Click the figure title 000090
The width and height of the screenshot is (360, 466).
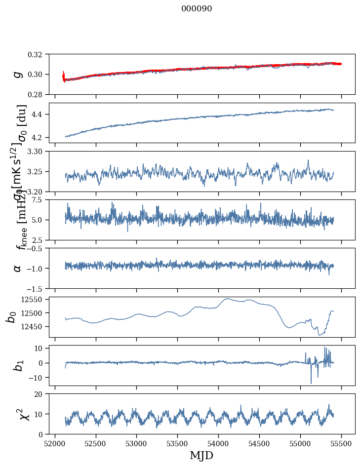[197, 9]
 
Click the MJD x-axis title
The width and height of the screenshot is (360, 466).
[201, 455]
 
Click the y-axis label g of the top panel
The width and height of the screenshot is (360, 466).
[18, 74]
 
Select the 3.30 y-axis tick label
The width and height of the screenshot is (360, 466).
[38, 151]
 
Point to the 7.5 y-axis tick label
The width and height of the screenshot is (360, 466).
[40, 200]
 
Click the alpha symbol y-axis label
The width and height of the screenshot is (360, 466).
[18, 268]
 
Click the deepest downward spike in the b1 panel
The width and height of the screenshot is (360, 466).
[311, 383]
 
